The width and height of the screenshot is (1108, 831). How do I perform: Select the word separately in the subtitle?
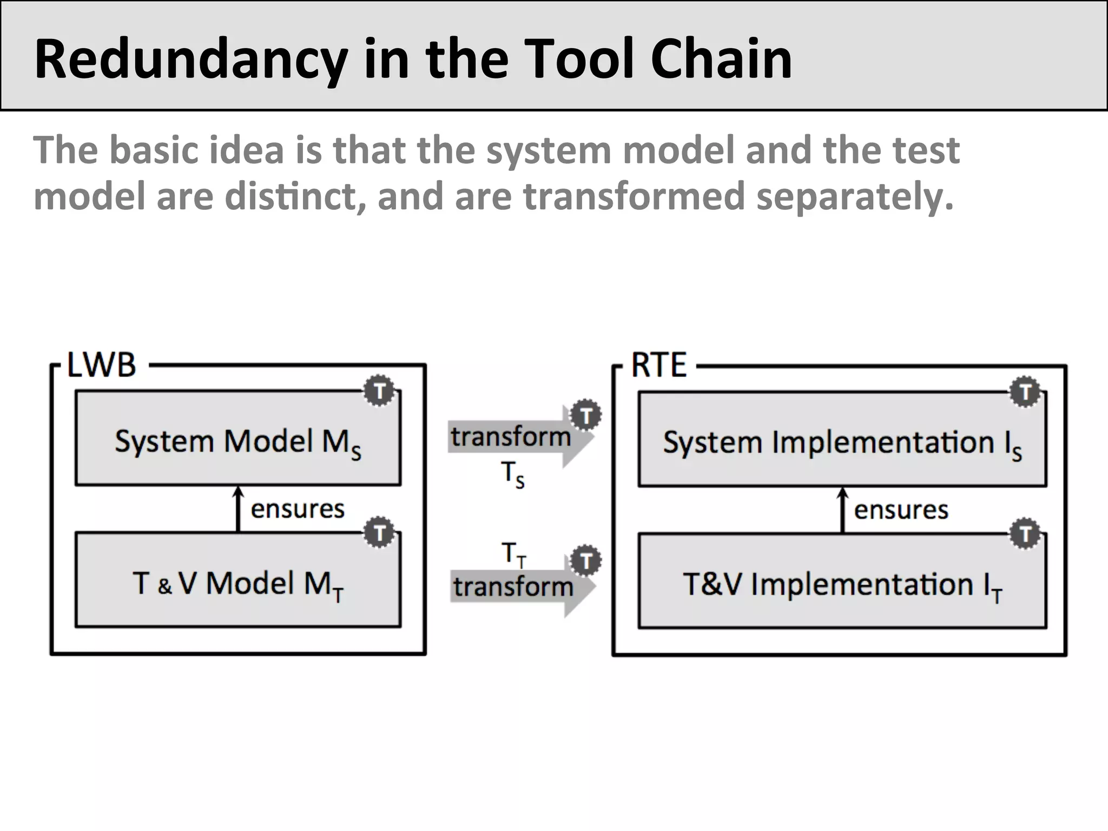click(854, 197)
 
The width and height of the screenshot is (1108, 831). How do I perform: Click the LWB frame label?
click(101, 365)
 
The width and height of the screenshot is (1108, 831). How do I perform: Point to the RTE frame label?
click(658, 365)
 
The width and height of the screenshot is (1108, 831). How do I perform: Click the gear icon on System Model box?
click(379, 391)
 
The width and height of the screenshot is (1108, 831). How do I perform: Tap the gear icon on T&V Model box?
click(379, 533)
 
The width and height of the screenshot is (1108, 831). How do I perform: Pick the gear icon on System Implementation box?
click(1025, 392)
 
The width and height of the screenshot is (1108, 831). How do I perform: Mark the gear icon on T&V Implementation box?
click(1025, 534)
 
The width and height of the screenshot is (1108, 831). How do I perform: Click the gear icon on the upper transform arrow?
click(586, 415)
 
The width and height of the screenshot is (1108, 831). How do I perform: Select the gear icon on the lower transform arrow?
click(586, 560)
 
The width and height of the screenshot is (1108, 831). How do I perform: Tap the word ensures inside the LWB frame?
click(298, 509)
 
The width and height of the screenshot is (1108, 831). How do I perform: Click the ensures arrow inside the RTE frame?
click(842, 510)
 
